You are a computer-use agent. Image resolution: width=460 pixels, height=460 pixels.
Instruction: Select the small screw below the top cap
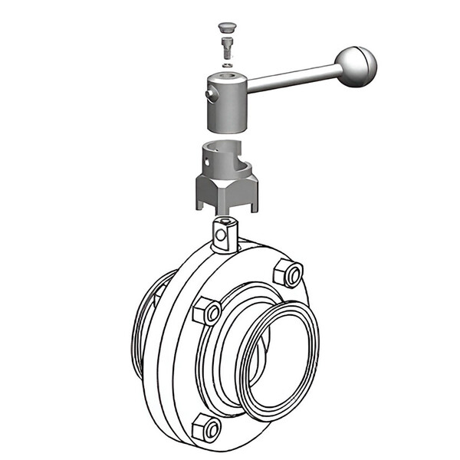(227, 48)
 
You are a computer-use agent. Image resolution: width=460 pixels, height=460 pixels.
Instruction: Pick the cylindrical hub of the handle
(226, 103)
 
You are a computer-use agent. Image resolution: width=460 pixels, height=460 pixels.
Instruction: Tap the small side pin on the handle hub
(209, 94)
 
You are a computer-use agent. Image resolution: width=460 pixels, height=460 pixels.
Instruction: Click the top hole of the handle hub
(227, 76)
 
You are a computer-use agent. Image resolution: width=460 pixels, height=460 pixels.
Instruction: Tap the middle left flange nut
(207, 310)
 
